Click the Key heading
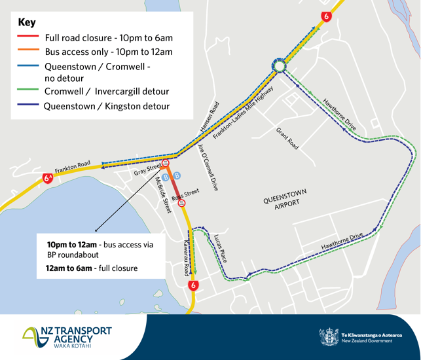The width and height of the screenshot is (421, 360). pyautogui.click(x=27, y=22)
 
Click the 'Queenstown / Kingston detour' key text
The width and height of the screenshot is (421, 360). pyautogui.click(x=107, y=106)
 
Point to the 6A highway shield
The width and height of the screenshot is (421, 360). pyautogui.click(x=48, y=177)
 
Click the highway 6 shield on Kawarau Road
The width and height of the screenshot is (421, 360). pyautogui.click(x=192, y=286)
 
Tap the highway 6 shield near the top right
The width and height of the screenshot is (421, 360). pyautogui.click(x=325, y=16)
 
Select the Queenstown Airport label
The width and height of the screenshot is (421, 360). pyautogui.click(x=285, y=198)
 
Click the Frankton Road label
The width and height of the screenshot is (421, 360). pyautogui.click(x=73, y=167)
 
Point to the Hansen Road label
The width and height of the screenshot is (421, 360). pyautogui.click(x=210, y=118)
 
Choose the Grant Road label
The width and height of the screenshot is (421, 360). pyautogui.click(x=287, y=139)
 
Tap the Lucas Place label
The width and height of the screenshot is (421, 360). pyautogui.click(x=221, y=248)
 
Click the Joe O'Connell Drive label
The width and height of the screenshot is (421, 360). pyautogui.click(x=208, y=167)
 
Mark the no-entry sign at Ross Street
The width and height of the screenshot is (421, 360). pyautogui.click(x=182, y=203)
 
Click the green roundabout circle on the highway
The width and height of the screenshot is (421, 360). pyautogui.click(x=279, y=66)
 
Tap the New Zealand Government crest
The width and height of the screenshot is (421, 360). pyautogui.click(x=329, y=336)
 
